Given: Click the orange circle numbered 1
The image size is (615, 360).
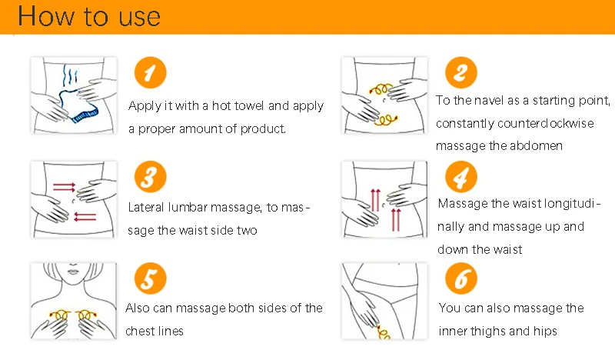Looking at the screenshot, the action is click(150, 72).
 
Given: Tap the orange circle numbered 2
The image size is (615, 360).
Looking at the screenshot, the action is click(460, 72).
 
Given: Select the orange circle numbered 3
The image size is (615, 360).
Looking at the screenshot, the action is click(150, 177).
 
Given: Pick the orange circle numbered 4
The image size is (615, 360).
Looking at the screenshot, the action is click(460, 177).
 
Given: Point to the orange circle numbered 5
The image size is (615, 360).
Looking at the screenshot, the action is click(150, 278).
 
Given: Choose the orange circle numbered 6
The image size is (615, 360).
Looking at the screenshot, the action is click(460, 278).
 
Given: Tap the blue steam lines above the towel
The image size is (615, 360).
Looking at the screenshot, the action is click(70, 77).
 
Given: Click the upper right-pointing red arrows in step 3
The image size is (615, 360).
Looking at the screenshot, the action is click(64, 187).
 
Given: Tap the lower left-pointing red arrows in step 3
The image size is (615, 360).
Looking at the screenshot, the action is click(85, 217).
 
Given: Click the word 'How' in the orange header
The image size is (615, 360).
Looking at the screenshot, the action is click(46, 16).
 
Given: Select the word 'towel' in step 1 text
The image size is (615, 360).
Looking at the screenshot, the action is click(249, 106).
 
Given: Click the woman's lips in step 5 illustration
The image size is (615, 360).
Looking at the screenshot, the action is click(73, 272).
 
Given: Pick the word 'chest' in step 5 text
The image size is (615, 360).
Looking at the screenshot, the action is click(140, 331).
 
